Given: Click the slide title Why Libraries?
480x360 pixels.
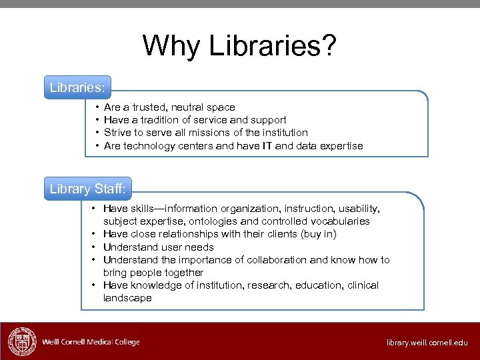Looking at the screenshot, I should click(239, 46).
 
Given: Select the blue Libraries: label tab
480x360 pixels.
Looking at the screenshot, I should click(77, 87).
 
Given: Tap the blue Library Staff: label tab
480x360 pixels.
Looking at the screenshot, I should click(87, 189).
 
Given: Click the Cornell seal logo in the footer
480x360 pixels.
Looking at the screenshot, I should click(21, 342).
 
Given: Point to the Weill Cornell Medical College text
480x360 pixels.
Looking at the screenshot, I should click(91, 342).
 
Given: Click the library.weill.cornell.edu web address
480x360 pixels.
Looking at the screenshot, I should click(427, 343).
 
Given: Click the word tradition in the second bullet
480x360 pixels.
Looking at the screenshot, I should click(158, 120).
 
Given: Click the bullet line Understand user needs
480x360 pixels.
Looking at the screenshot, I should click(158, 247).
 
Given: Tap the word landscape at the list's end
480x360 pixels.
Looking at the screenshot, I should click(127, 298).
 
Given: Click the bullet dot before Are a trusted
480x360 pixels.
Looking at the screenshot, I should click(97, 107).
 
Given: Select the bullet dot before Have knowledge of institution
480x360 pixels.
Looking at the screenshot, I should click(96, 285).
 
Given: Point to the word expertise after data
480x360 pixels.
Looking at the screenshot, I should click(340, 145).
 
